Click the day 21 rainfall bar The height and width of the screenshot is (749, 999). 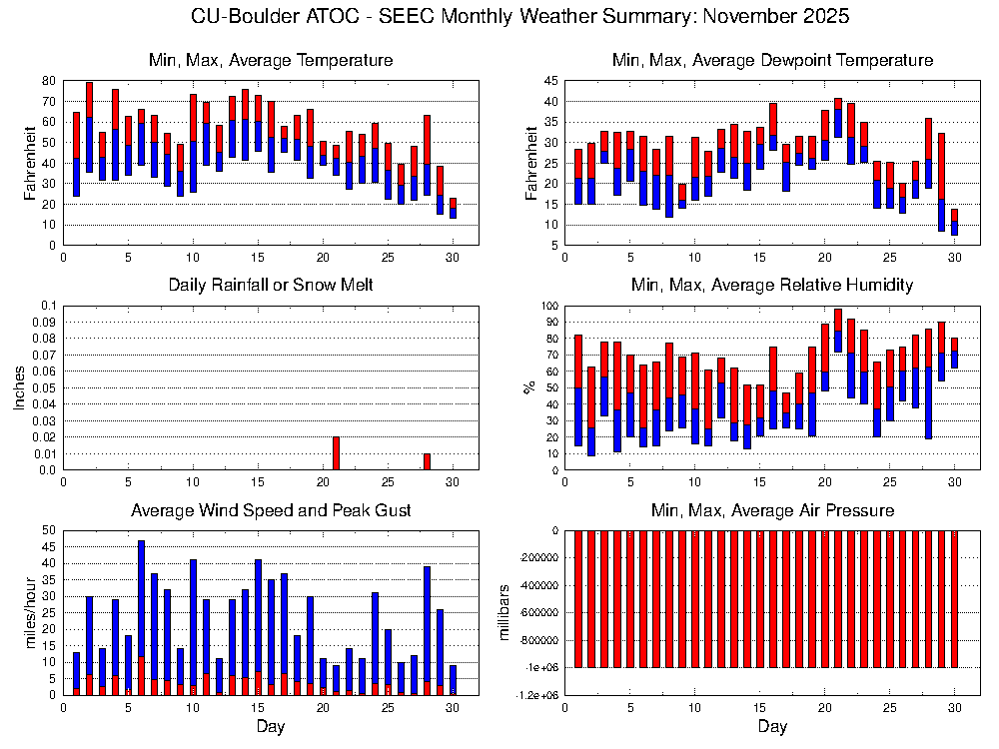(336, 453)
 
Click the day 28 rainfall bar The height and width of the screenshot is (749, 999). (427, 461)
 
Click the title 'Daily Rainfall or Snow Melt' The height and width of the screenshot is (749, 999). (271, 285)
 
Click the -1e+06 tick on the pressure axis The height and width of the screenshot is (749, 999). (539, 667)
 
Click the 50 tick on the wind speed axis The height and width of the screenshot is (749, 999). (47, 530)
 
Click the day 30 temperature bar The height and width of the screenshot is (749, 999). (453, 208)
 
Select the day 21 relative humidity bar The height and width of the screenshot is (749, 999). (838, 331)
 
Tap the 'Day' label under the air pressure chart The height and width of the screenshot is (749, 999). (772, 727)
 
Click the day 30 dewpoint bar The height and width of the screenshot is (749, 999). (954, 222)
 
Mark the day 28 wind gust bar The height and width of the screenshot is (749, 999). (427, 629)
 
